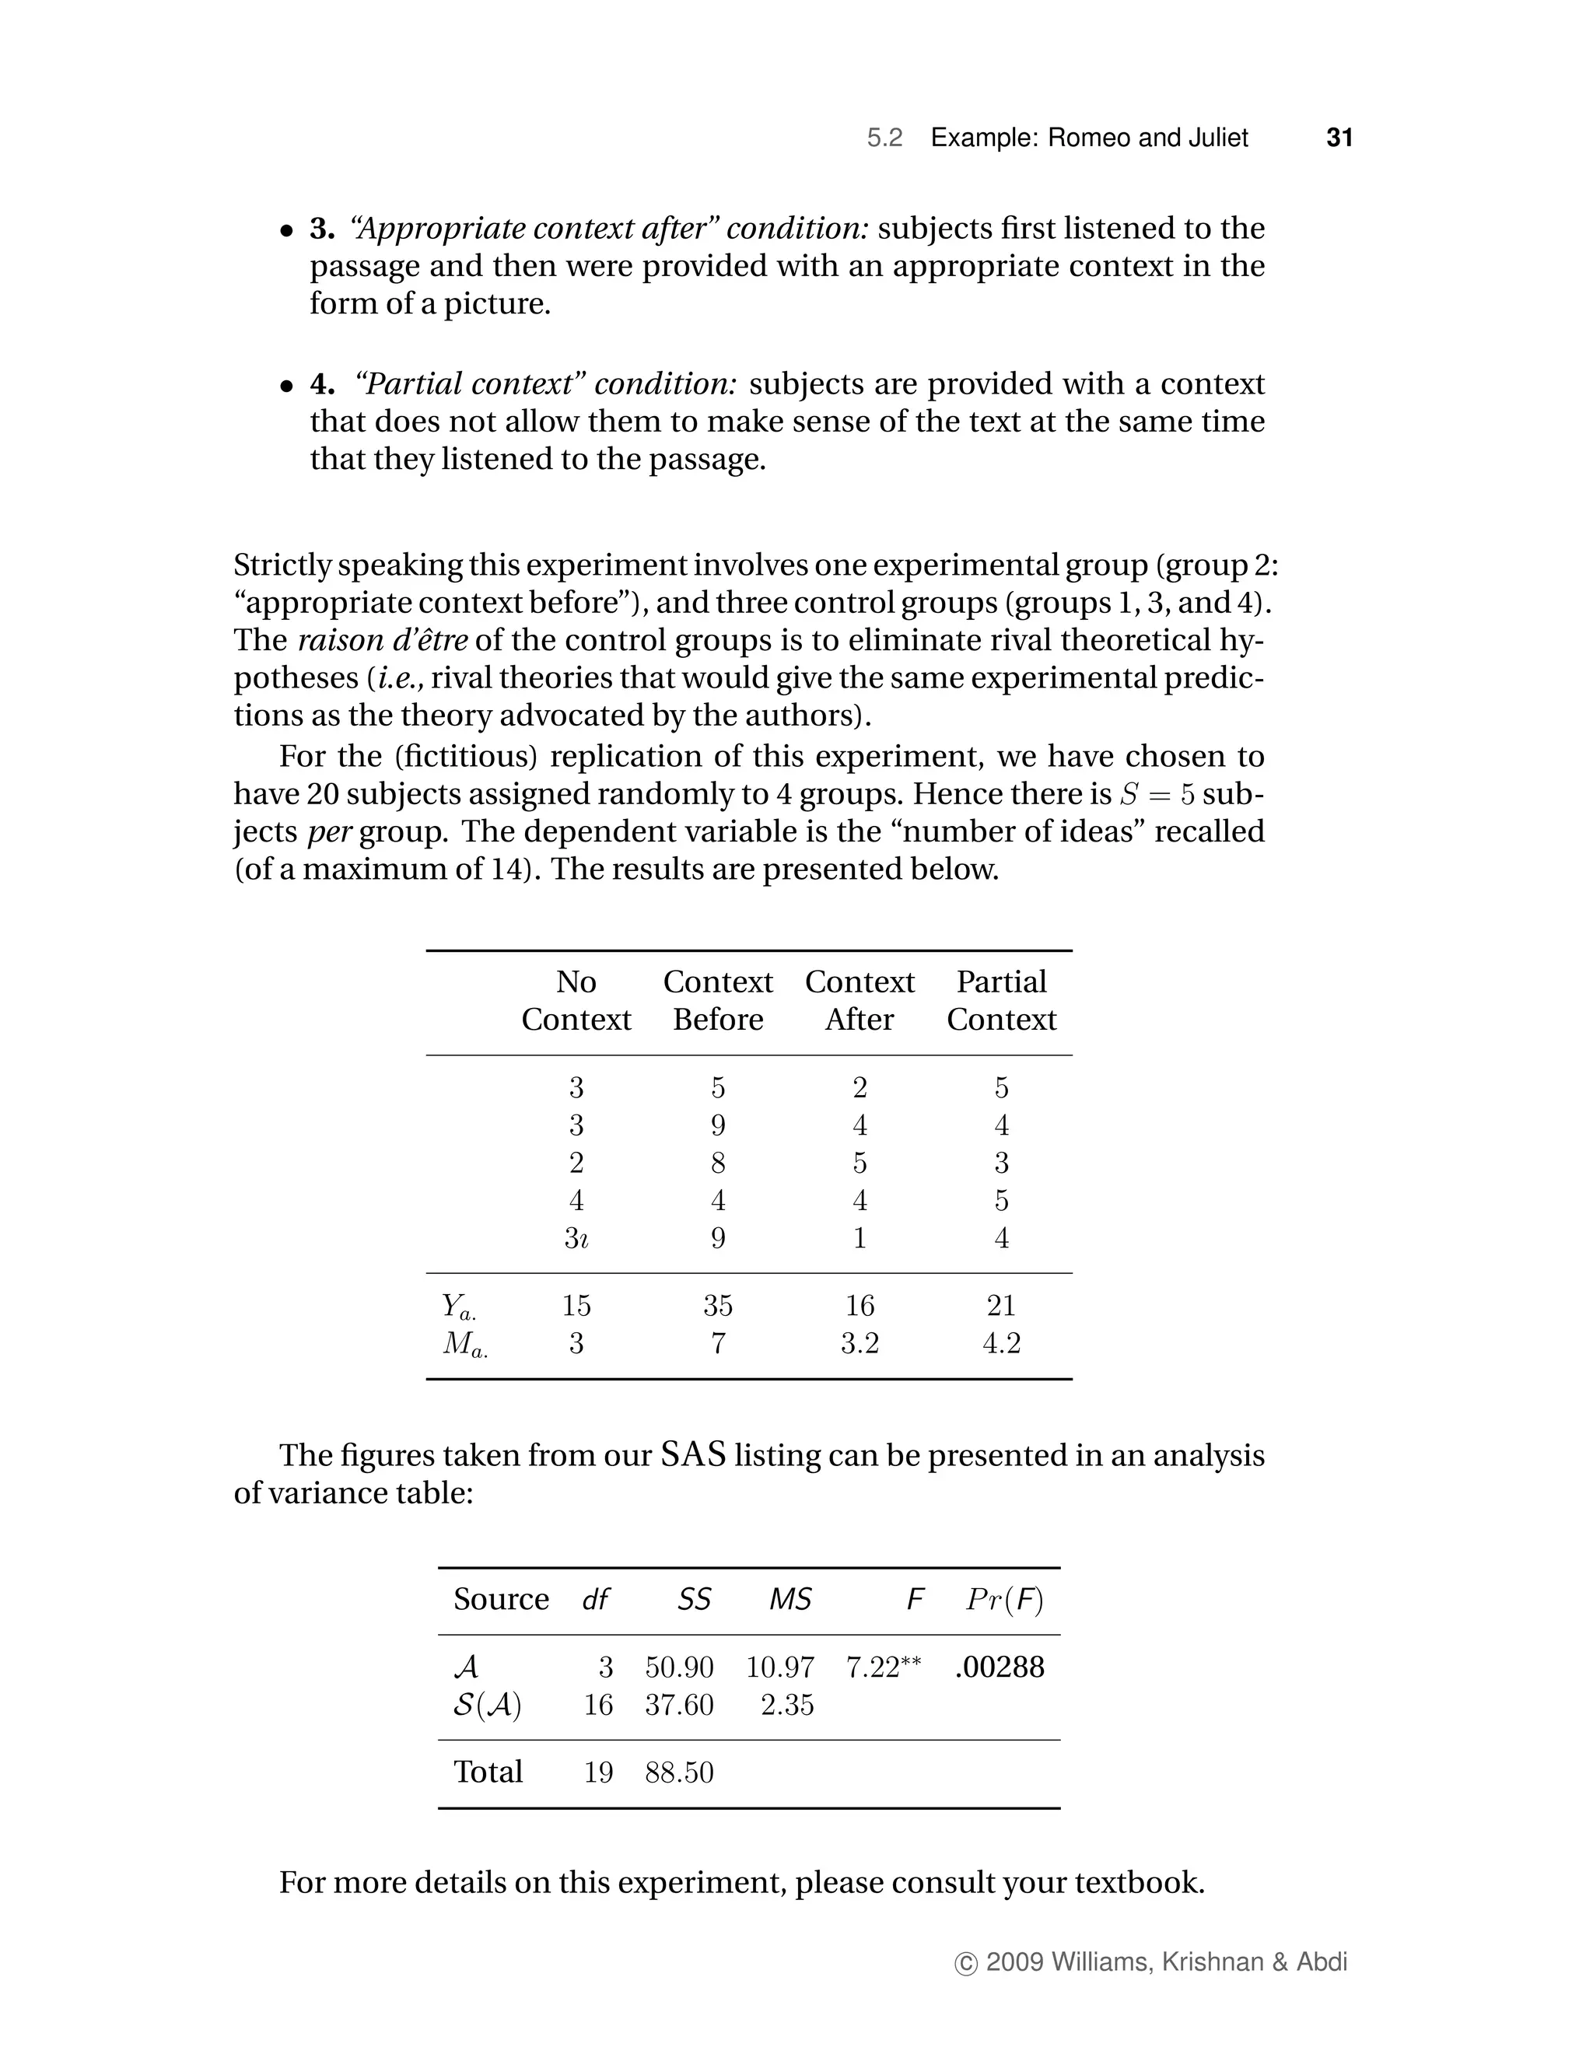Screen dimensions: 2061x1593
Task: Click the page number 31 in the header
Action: point(1339,138)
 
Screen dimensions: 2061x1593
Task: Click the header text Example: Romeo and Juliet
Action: point(1089,138)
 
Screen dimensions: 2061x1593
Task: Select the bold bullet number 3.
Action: point(322,229)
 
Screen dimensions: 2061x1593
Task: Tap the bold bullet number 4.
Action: point(322,384)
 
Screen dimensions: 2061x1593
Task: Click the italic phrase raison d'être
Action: point(382,640)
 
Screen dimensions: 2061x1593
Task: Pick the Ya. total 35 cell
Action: point(717,1305)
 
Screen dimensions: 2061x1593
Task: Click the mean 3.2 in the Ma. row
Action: point(860,1343)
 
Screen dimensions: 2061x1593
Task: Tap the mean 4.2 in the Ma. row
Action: point(1001,1343)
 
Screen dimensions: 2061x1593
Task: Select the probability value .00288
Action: point(1000,1667)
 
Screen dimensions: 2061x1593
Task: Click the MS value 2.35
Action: point(787,1706)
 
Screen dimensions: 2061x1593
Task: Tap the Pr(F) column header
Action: point(1005,1600)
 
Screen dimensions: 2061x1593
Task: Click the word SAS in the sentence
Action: point(693,1454)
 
